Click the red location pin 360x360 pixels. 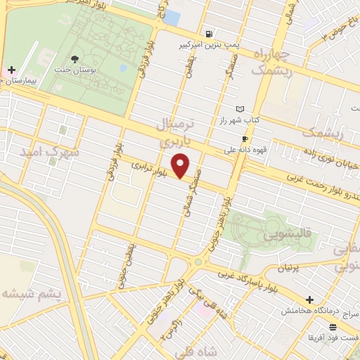point(181,165)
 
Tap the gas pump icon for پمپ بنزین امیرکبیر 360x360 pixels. point(209,33)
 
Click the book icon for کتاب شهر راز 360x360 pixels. point(241,109)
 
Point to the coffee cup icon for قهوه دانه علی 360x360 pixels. point(245,139)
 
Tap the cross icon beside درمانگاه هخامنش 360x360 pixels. point(309,300)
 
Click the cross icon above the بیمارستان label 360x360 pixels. point(12,70)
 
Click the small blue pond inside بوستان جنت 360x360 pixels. point(124,69)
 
